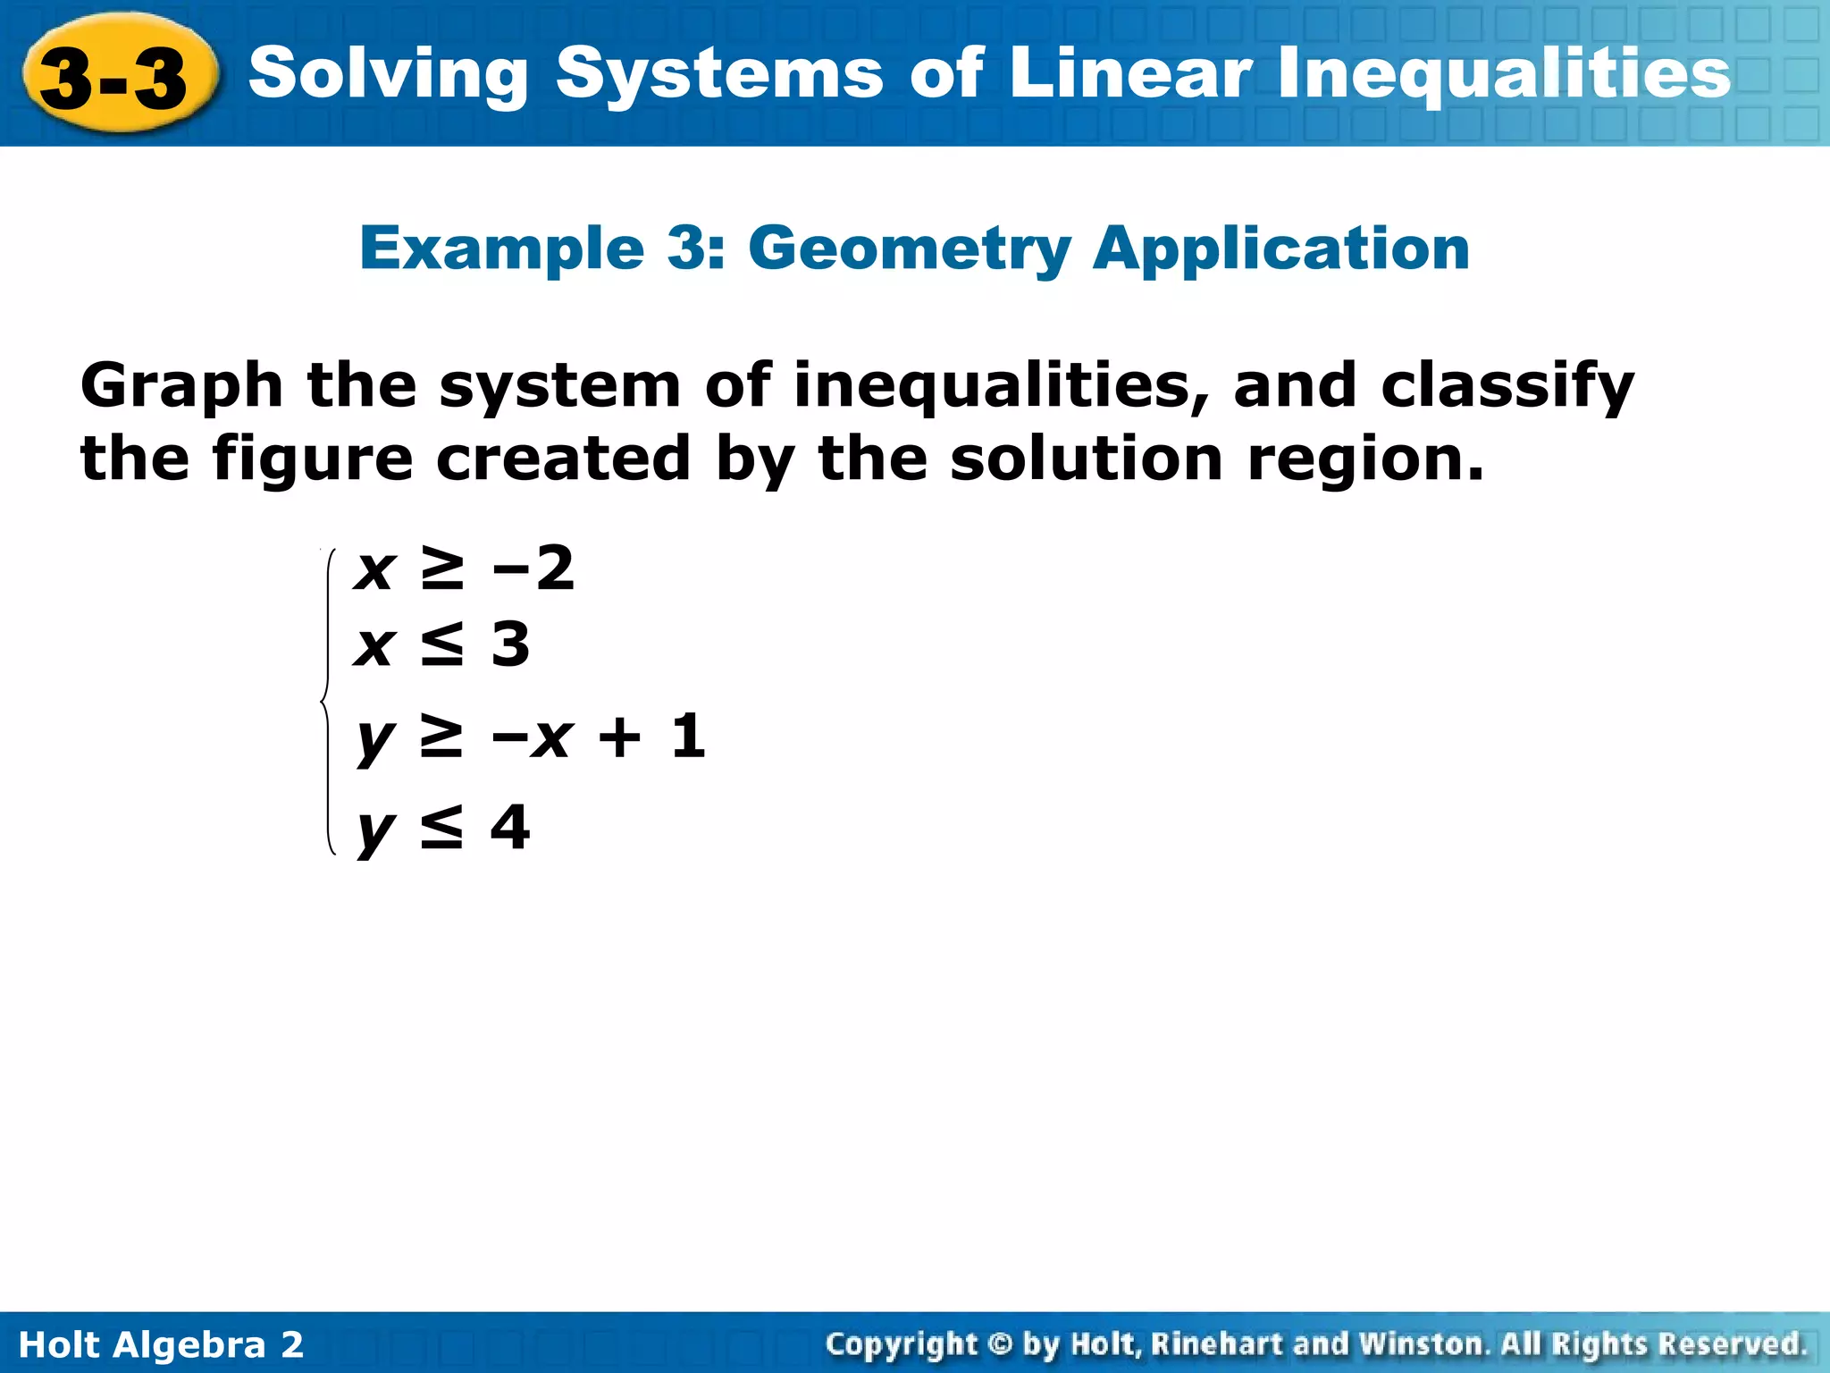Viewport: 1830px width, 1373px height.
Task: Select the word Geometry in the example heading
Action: click(x=909, y=248)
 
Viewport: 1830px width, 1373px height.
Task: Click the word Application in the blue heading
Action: click(x=1281, y=249)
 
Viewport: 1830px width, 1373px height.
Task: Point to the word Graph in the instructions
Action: click(x=181, y=387)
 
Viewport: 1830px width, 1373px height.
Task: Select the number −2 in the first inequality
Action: click(x=533, y=568)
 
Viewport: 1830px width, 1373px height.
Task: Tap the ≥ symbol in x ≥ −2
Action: click(x=442, y=569)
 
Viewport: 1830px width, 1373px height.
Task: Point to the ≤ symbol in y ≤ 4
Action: click(x=442, y=828)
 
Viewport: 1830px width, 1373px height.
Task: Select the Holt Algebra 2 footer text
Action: click(x=161, y=1344)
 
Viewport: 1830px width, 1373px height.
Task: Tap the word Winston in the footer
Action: click(x=1423, y=1344)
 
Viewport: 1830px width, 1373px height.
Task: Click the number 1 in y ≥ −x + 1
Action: click(x=688, y=737)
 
